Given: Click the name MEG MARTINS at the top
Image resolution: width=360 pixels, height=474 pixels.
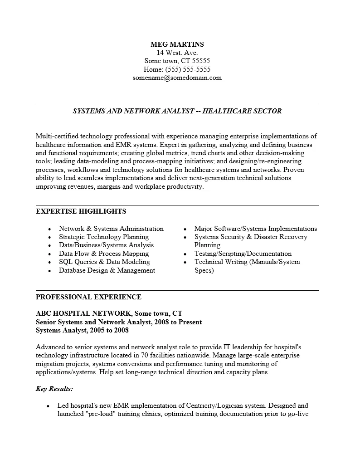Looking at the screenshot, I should pyautogui.click(x=177, y=44).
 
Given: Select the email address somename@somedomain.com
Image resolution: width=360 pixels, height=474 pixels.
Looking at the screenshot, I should pyautogui.click(x=177, y=78).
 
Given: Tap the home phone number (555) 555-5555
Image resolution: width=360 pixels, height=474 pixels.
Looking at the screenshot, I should pyautogui.click(x=188, y=69).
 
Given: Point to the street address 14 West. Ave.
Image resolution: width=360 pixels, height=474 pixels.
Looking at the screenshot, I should pyautogui.click(x=177, y=53).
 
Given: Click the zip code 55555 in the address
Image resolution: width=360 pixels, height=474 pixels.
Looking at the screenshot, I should pyautogui.click(x=201, y=61).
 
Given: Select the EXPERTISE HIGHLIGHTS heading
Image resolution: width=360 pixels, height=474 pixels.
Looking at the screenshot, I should pyautogui.click(x=81, y=211).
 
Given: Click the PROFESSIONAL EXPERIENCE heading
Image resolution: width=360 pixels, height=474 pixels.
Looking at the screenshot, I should pyautogui.click(x=88, y=297).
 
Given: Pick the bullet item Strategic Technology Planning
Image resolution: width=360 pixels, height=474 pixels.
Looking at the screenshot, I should pyautogui.click(x=104, y=237).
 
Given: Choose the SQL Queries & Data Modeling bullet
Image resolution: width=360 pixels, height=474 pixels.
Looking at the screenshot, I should pyautogui.click(x=104, y=262).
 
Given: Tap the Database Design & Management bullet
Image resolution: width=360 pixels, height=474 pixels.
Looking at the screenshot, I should pyautogui.click(x=107, y=270).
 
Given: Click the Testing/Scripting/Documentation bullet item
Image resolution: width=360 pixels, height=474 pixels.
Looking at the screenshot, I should pyautogui.click(x=243, y=254).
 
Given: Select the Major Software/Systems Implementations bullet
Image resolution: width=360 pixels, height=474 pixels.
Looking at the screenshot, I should pyautogui.click(x=256, y=229).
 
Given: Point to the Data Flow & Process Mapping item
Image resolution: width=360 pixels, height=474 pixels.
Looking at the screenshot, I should pyautogui.click(x=104, y=254).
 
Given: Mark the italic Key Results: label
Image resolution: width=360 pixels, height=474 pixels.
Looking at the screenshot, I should pyautogui.click(x=54, y=389).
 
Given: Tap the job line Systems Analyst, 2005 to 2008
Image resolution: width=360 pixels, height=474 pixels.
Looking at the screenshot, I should pyautogui.click(x=82, y=330).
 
